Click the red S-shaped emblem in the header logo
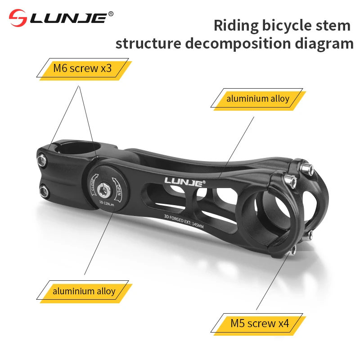pyautogui.click(x=19, y=18)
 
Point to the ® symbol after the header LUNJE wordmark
pyautogui.click(x=111, y=14)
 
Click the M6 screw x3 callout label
pyautogui.click(x=82, y=69)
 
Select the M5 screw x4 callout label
pyautogui.click(x=259, y=323)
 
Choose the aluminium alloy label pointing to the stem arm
pyautogui.click(x=258, y=99)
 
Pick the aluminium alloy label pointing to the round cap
pyautogui.click(x=84, y=291)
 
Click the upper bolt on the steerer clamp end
pyautogui.click(x=42, y=158)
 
